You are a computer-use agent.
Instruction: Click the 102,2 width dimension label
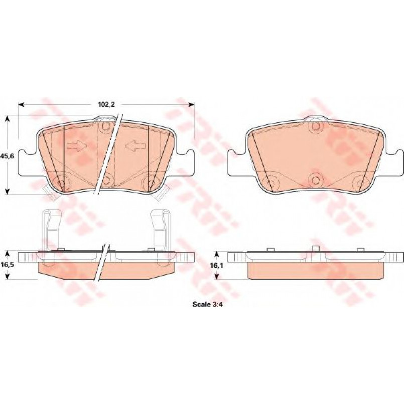(106, 104)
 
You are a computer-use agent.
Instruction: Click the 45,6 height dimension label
(8, 156)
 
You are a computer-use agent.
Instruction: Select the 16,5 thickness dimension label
(8, 265)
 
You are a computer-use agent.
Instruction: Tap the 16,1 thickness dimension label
(216, 265)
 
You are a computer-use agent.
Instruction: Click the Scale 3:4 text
(208, 304)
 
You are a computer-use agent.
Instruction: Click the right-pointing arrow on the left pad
(76, 146)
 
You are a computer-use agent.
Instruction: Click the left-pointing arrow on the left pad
(136, 146)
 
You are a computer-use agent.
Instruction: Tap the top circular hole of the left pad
(106, 126)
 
